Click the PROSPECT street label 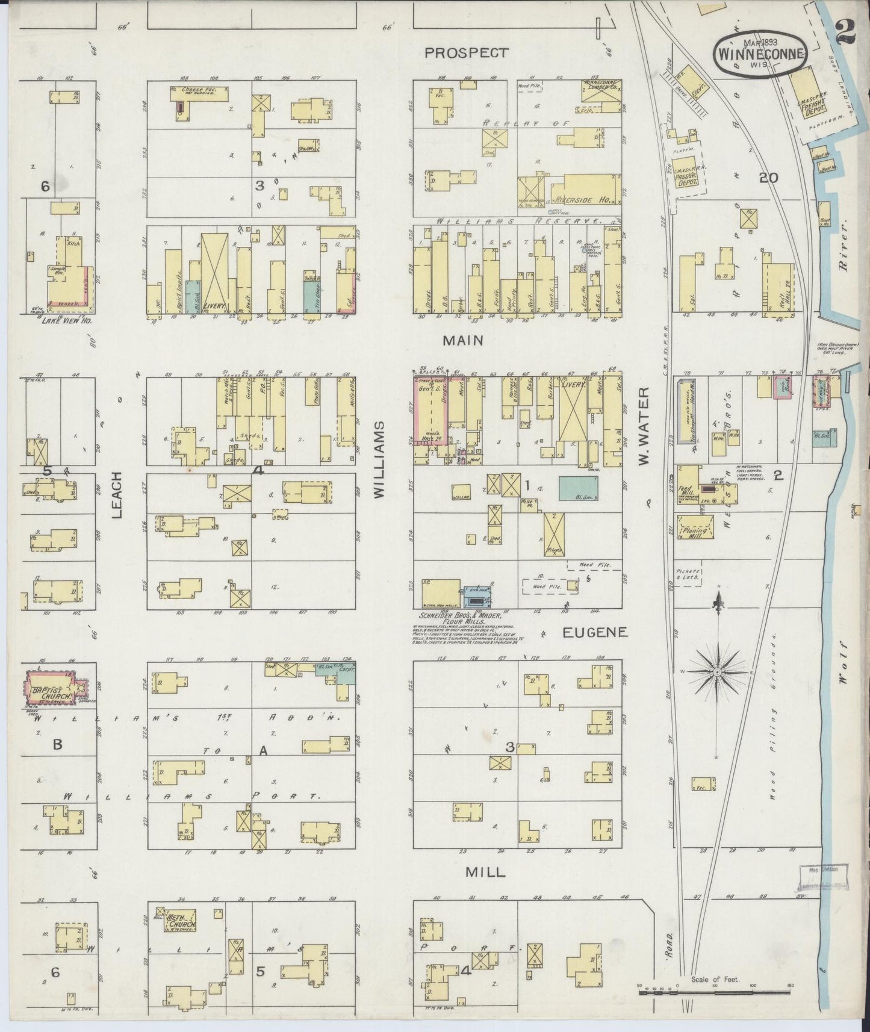click(465, 53)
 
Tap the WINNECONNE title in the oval click(759, 52)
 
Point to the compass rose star click(718, 671)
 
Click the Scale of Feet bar click(714, 989)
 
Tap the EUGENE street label click(595, 632)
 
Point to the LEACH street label click(118, 494)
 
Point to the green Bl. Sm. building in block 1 click(579, 487)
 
